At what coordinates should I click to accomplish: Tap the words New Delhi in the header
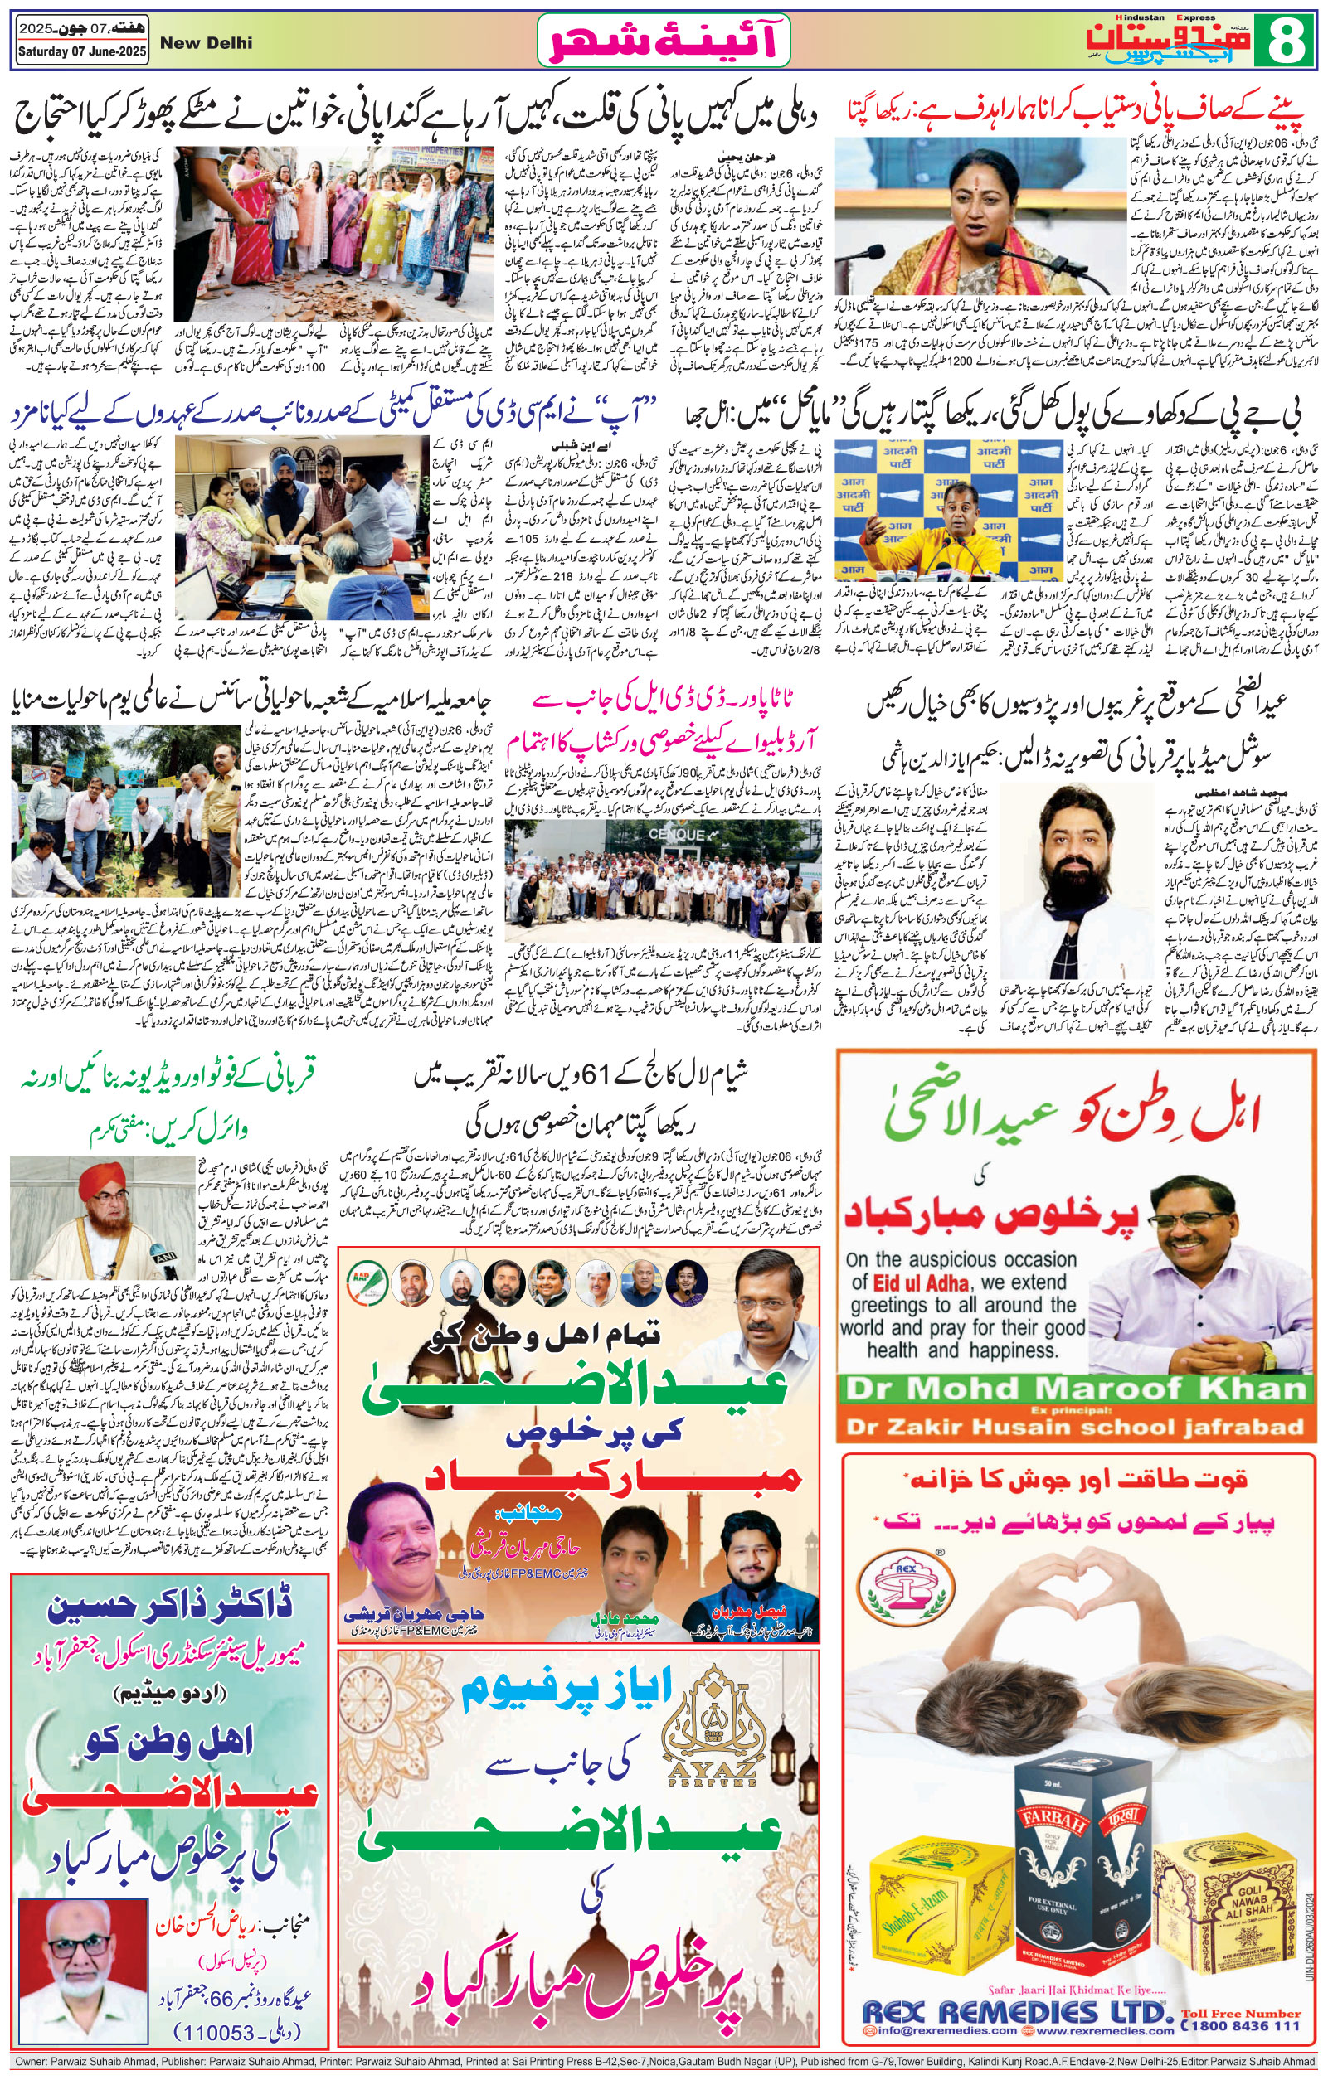coord(207,43)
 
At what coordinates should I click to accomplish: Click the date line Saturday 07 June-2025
coord(82,52)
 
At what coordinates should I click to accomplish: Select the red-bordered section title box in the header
coord(664,41)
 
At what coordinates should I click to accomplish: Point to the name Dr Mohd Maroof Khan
coord(1076,1389)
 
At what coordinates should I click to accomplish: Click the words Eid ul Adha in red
coord(922,1282)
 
